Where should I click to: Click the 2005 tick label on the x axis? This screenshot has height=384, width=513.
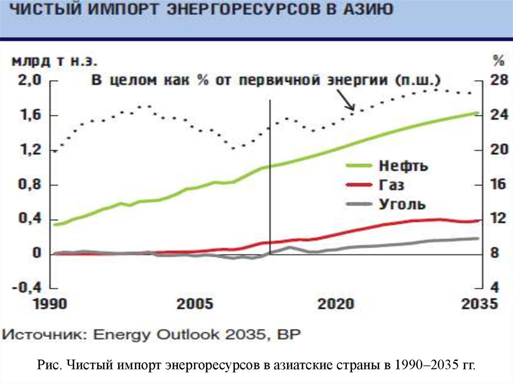pyautogui.click(x=195, y=304)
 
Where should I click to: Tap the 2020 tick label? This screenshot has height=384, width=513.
pyautogui.click(x=336, y=304)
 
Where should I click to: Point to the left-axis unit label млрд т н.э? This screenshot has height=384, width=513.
pyautogui.click(x=55, y=62)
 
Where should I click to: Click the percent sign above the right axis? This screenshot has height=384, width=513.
pyautogui.click(x=497, y=62)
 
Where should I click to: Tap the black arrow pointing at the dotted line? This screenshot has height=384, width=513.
pyautogui.click(x=346, y=100)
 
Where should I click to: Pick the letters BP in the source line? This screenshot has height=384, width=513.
pyautogui.click(x=290, y=334)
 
